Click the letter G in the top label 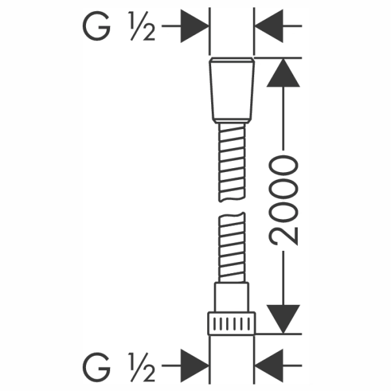[x=96, y=26]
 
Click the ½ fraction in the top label [x=142, y=26]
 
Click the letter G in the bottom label [x=96, y=367]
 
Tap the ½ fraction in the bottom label [x=142, y=367]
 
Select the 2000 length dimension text [x=283, y=200]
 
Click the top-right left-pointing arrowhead [x=269, y=26]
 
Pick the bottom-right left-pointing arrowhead [x=269, y=366]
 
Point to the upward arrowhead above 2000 [x=283, y=73]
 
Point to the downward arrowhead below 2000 [x=283, y=319]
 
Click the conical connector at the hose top [x=232, y=91]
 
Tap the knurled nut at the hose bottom [x=231, y=323]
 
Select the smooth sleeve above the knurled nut [x=231, y=297]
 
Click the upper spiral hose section [x=232, y=162]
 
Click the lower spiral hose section [x=232, y=248]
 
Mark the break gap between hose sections [x=232, y=207]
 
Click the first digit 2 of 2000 [x=283, y=236]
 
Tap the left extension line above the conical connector [x=210, y=31]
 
